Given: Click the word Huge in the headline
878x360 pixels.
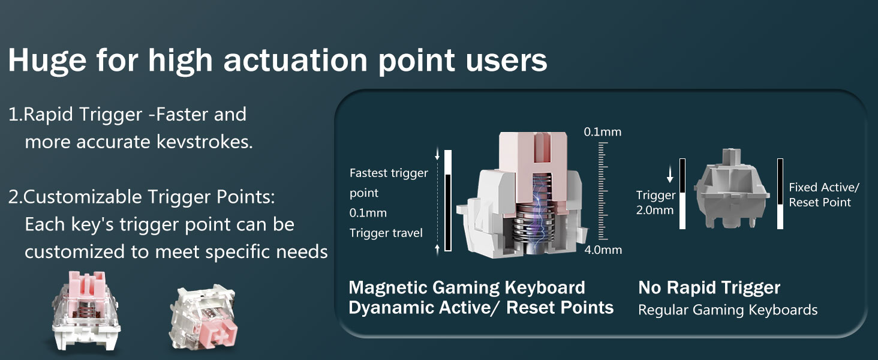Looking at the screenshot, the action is pos(47,61).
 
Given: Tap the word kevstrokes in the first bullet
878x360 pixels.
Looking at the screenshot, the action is pos(205,142).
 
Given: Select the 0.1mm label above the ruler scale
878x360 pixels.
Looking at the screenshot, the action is pos(603,132).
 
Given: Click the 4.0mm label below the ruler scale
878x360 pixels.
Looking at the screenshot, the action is pos(603,250).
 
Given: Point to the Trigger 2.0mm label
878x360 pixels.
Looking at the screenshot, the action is pos(656,202).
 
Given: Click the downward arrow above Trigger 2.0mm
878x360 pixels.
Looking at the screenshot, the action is pos(670,175).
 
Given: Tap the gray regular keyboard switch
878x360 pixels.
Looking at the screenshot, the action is pos(730,188).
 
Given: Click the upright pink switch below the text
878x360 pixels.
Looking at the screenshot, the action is pos(86,311).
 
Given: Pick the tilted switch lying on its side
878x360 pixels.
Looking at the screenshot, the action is pos(203,317).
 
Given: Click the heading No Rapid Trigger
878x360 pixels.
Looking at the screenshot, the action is pos(709,287).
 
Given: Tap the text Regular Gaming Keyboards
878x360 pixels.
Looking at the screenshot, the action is pos(728,310).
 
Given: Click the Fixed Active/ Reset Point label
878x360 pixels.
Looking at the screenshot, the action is pos(824,194).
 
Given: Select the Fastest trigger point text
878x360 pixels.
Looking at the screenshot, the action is pos(389,183).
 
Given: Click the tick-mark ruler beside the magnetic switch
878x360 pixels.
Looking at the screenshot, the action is pos(603,191).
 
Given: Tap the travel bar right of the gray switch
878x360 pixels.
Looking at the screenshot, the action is pos(780,194).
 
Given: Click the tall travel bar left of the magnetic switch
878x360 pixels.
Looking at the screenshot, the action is pos(448,200).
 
